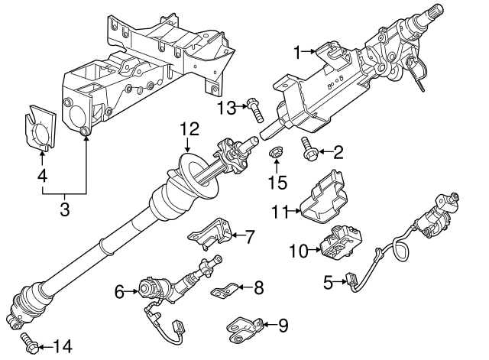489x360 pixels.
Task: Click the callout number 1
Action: (298, 52)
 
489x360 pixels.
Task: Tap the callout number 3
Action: (64, 208)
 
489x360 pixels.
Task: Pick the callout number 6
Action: (119, 290)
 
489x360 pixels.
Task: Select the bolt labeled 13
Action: (256, 110)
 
